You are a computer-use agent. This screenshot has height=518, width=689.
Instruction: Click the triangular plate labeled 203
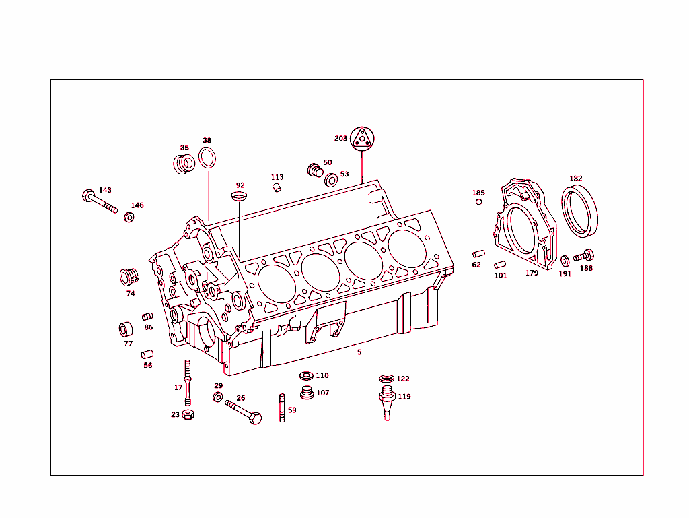tap(362, 138)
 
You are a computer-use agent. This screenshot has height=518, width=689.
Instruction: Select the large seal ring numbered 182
tap(579, 212)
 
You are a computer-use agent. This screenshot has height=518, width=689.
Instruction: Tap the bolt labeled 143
tap(98, 201)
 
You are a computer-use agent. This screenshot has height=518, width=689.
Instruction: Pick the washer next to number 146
tap(129, 217)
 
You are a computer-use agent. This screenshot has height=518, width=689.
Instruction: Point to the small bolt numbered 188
tap(583, 256)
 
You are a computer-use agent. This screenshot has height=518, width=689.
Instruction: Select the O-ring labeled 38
tap(208, 159)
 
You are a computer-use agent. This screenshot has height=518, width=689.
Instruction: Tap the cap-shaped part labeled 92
tap(240, 196)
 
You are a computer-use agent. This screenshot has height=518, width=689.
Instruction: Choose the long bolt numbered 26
tap(243, 411)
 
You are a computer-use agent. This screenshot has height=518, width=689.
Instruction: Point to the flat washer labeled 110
tap(305, 376)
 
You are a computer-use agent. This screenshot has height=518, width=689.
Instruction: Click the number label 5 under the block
tap(359, 352)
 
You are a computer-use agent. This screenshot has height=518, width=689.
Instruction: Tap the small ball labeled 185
tap(478, 202)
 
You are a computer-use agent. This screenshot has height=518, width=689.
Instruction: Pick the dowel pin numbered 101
tap(499, 265)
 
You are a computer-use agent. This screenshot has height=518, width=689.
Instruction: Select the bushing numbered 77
tap(125, 329)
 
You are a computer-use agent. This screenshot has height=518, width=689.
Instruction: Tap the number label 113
tap(277, 177)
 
